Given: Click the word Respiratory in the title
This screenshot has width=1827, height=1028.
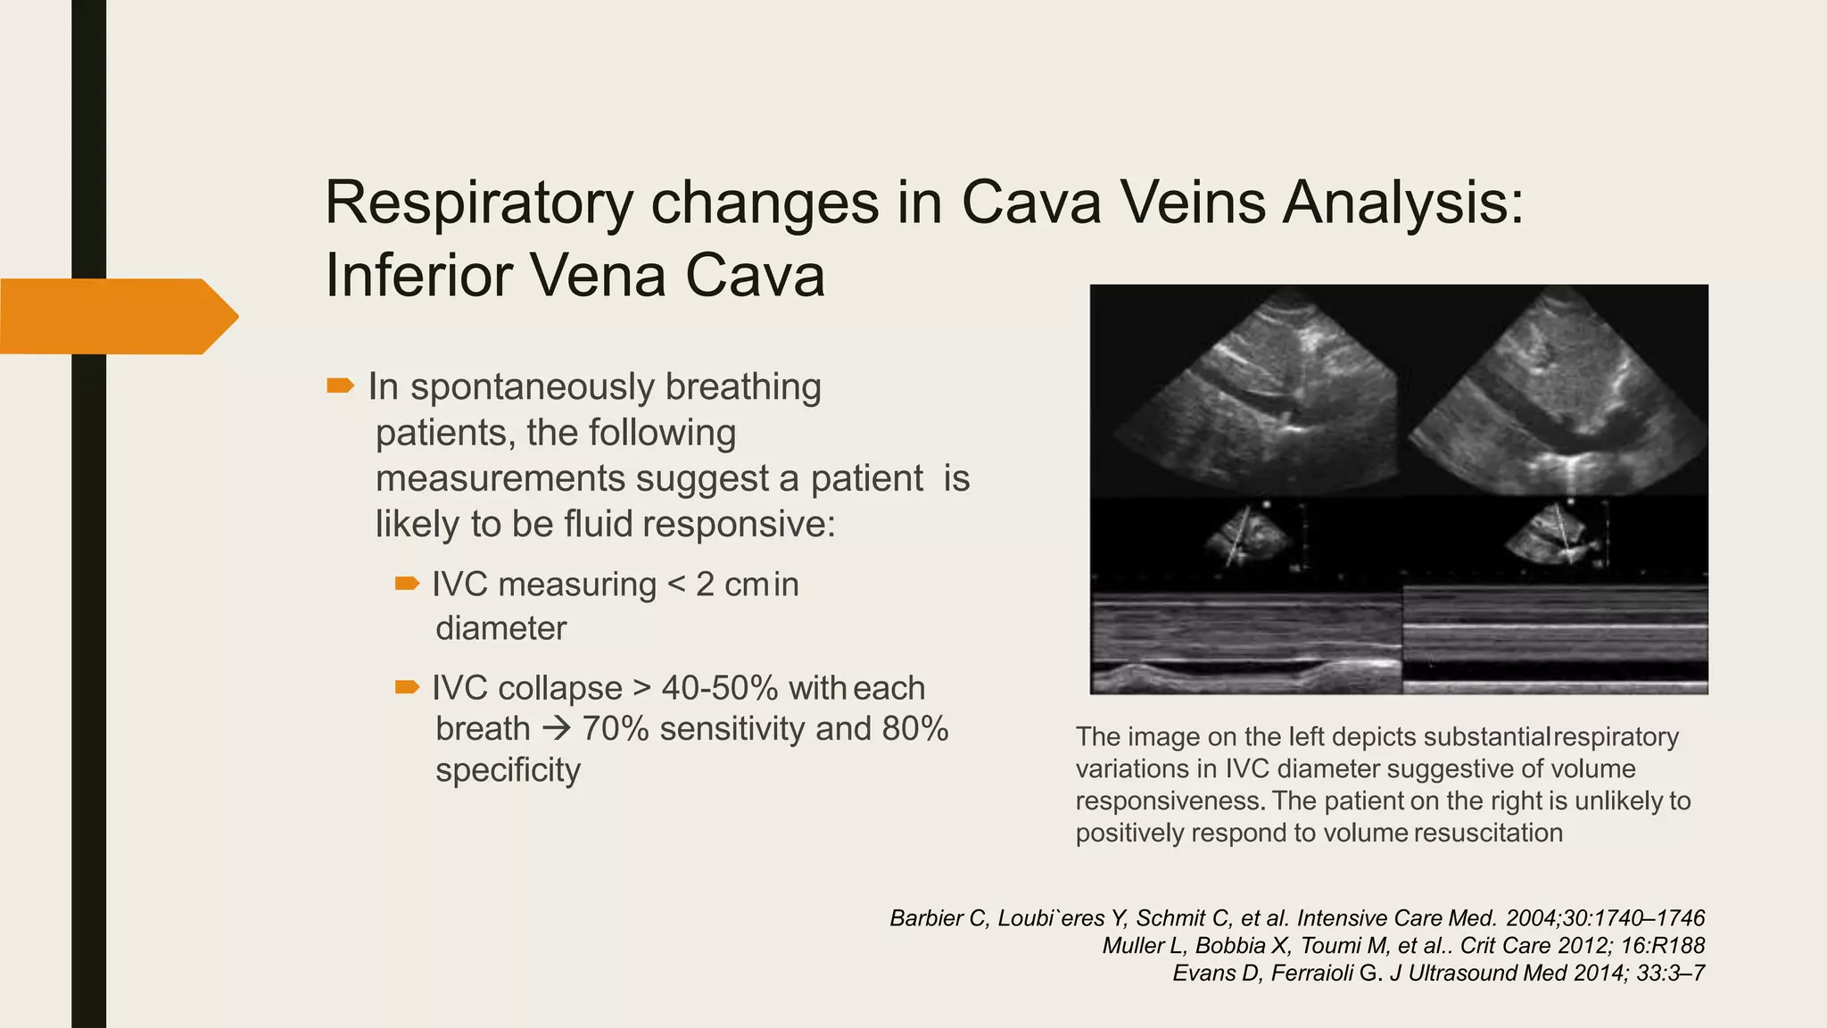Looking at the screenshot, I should (478, 203).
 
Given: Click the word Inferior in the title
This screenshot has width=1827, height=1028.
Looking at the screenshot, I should (417, 276).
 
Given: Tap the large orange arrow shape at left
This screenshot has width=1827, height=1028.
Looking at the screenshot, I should (116, 316).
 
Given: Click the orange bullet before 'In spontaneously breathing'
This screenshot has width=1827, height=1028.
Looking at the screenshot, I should (340, 385).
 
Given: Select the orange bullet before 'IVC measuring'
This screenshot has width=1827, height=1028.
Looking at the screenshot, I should (407, 584).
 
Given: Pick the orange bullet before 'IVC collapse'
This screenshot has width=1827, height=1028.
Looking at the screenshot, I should (407, 686).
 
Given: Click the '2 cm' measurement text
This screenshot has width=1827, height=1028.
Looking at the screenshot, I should (732, 584).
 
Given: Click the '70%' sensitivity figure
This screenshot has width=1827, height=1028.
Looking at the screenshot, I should (615, 729).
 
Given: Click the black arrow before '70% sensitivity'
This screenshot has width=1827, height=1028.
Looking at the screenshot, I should (556, 729).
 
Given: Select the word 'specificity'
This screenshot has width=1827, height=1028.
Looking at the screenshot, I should (508, 770).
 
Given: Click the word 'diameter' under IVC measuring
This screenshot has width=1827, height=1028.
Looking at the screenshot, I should (500, 628).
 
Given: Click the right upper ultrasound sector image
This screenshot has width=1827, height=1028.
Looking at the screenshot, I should (1561, 393).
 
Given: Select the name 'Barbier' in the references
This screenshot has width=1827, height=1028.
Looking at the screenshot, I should (926, 918).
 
